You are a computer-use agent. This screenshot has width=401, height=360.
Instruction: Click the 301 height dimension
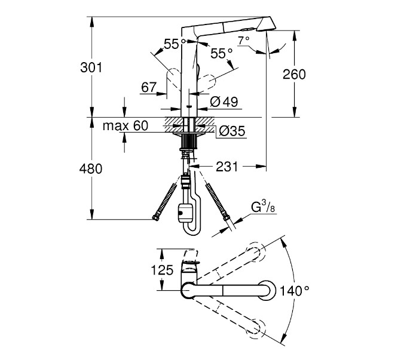(x=91, y=67)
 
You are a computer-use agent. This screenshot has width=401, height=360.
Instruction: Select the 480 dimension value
(x=91, y=168)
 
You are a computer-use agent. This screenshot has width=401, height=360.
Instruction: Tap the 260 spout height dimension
(x=294, y=74)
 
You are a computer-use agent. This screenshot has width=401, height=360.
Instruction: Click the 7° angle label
(x=244, y=41)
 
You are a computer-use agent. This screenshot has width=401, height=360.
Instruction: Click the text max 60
(x=125, y=126)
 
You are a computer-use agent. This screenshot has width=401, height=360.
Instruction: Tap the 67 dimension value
(x=148, y=88)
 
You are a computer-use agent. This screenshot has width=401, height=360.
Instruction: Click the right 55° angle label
(x=221, y=53)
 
